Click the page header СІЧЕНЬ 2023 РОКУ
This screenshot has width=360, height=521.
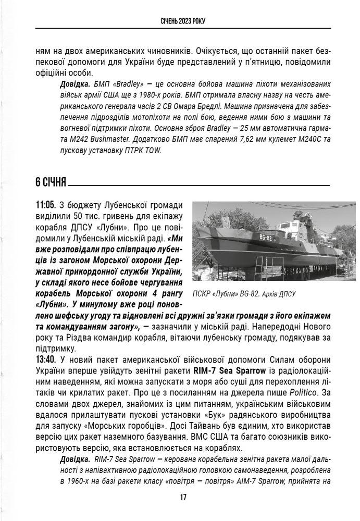180,21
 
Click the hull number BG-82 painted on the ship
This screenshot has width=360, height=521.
265,238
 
